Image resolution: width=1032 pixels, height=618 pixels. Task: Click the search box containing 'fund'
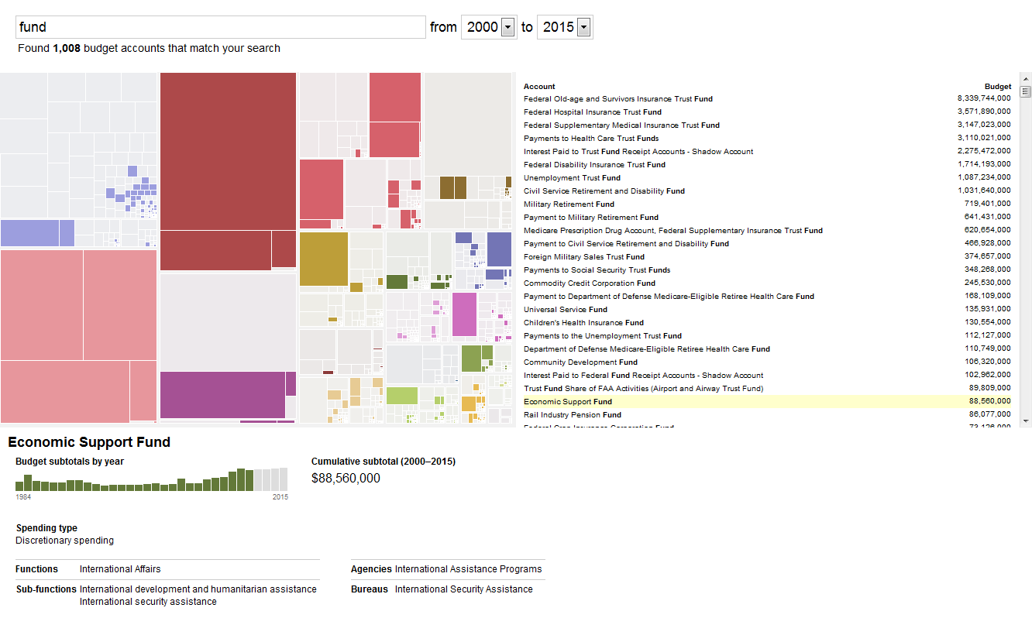pos(221,27)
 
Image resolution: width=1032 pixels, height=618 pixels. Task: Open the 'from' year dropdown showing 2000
pos(507,28)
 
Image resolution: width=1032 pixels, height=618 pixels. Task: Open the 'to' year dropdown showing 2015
pos(584,28)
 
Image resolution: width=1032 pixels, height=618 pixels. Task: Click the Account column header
pos(539,87)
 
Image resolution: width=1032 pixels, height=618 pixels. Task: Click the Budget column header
pos(997,87)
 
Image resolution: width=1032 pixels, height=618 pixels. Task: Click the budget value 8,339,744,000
pos(984,99)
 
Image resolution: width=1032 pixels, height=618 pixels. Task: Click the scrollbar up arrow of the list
pos(1026,79)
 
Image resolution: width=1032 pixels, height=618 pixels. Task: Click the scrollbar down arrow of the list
pos(1026,421)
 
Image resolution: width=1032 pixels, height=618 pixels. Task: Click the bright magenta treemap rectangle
pos(464,314)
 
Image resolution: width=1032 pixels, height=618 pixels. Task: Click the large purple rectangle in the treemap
pos(222,395)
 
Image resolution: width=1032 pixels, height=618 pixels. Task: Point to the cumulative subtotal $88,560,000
pos(346,479)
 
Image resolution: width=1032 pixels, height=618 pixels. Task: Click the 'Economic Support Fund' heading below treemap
pos(89,442)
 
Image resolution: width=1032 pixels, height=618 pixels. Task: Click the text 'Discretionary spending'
pos(64,541)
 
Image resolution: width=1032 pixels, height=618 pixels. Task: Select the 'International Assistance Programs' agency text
pos(468,569)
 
